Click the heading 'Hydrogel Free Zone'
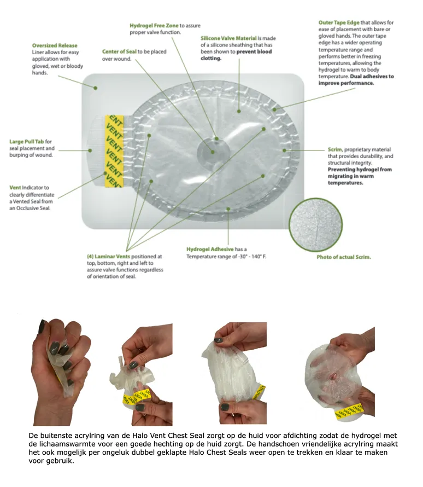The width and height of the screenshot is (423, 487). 154,26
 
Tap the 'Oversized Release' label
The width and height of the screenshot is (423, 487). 55,45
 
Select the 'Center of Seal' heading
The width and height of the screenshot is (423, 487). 119,51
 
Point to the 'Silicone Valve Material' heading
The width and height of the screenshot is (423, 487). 228,38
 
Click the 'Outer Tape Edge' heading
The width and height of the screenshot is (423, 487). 339,22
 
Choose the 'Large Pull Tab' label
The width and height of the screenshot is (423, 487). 26,142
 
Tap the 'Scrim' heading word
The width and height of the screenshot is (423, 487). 334,149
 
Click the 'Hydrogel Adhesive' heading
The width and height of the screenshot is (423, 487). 210,249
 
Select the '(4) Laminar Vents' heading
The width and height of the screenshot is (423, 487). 108,257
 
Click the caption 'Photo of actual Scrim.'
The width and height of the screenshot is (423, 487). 344,257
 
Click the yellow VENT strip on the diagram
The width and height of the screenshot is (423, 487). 114,151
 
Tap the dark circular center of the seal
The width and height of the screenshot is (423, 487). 213,152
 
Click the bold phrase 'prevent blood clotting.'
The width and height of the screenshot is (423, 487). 236,55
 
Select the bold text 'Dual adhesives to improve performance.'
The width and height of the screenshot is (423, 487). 356,79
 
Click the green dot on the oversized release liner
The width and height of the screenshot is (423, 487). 96,88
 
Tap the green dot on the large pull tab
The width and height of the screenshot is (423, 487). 90,150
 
